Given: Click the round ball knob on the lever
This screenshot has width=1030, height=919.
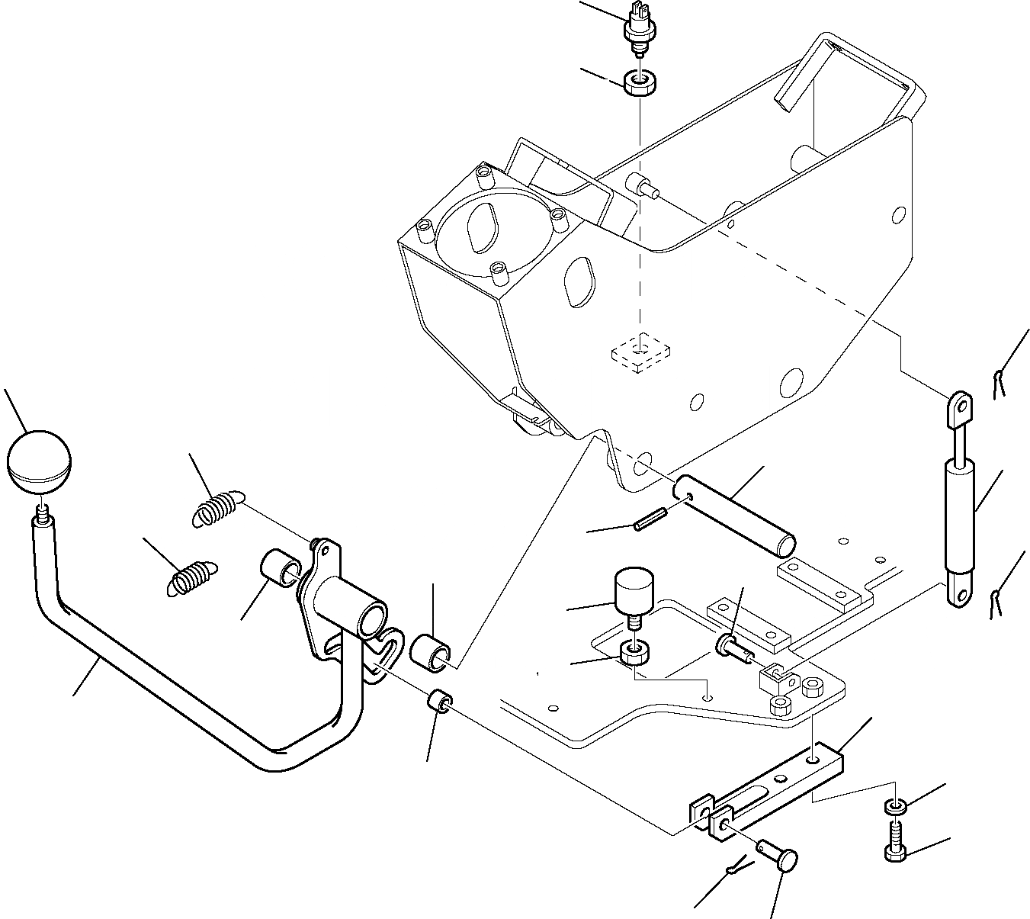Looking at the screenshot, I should (x=38, y=461).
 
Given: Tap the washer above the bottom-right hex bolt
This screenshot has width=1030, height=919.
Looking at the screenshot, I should (x=895, y=806).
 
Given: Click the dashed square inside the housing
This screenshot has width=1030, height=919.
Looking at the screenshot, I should (x=640, y=351).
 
